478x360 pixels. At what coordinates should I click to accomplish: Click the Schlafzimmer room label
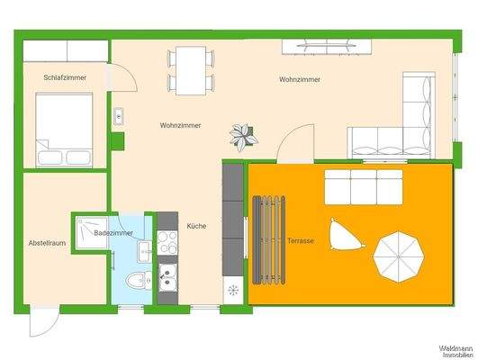[65, 78]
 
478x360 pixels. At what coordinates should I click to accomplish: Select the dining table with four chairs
[191, 70]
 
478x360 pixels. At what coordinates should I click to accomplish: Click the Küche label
[197, 226]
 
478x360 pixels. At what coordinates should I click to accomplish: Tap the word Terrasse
[301, 241]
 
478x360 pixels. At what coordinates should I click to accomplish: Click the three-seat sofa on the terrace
[363, 186]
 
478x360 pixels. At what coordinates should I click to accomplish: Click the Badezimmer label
[113, 233]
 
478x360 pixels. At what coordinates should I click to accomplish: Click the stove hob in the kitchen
[167, 241]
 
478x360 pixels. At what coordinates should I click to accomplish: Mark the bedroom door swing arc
[123, 79]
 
